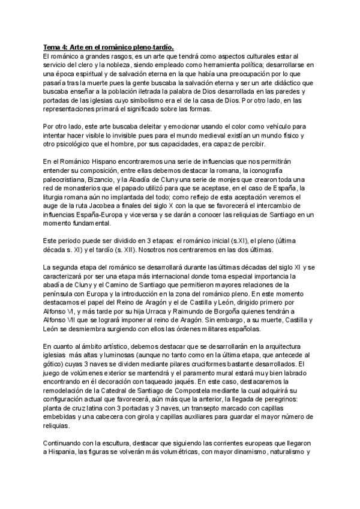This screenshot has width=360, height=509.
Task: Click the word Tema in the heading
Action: (52, 46)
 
